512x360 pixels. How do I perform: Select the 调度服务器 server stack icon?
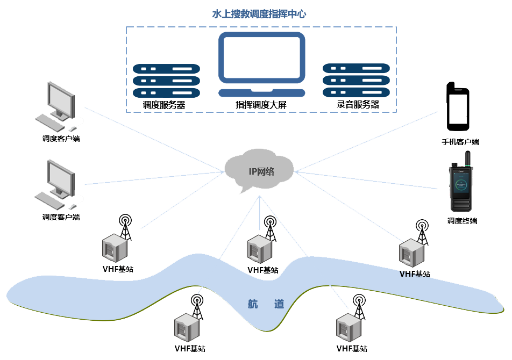point(166,80)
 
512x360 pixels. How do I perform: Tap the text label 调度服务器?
point(164,105)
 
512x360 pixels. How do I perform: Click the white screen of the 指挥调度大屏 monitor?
point(261,59)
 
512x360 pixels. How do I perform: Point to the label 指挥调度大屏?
point(261,105)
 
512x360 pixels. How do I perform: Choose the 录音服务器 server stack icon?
point(355,80)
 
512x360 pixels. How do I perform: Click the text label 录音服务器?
point(358,105)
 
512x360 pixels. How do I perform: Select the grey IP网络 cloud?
point(260,170)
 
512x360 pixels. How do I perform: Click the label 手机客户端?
point(460,142)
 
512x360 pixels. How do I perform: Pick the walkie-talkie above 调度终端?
point(461,188)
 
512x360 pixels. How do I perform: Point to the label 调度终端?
point(462,221)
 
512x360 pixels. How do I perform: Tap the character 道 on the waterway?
point(279,304)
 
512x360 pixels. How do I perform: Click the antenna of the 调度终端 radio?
point(467,160)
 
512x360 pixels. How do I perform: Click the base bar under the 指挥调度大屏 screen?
point(261,93)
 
